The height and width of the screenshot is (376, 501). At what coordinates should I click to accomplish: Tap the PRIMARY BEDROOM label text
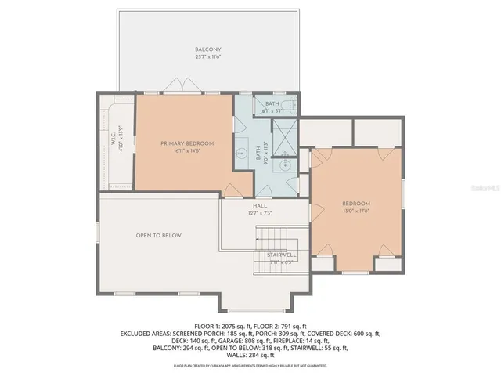point(183,143)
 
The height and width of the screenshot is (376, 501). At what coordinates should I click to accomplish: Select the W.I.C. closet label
point(114,137)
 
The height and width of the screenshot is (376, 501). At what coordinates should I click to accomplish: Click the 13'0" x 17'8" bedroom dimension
point(356,210)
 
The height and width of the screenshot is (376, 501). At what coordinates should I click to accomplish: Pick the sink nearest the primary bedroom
point(243,154)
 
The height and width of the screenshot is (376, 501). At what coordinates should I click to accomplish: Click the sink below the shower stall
point(287,165)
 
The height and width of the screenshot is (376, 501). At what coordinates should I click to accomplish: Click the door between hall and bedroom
point(305,189)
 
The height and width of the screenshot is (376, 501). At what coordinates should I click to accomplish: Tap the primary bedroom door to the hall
point(232,190)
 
